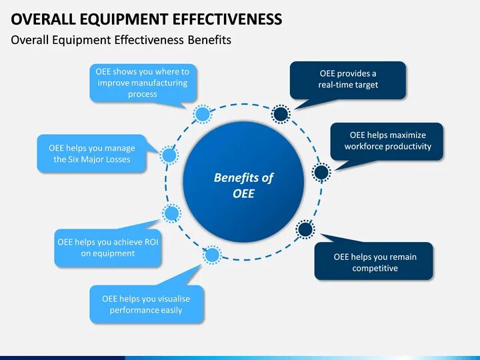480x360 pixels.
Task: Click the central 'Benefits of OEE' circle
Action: click(x=243, y=186)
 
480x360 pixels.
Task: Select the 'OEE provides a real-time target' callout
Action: click(x=348, y=79)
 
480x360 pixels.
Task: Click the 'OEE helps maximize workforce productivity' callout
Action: click(x=387, y=141)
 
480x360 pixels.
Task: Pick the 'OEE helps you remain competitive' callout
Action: click(x=374, y=262)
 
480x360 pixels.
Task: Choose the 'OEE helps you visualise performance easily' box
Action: click(x=146, y=304)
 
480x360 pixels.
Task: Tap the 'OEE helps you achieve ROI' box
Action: click(x=107, y=247)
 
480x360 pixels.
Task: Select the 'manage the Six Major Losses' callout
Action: click(x=91, y=153)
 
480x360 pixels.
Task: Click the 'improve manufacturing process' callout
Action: click(x=143, y=83)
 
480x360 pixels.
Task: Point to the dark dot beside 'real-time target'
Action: click(x=281, y=114)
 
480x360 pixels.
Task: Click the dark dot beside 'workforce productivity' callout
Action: click(x=321, y=173)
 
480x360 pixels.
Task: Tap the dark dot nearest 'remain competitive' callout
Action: click(x=305, y=230)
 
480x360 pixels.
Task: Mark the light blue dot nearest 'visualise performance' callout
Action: click(x=212, y=255)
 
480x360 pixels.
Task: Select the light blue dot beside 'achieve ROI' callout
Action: click(x=171, y=214)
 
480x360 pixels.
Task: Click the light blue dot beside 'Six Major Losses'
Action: click(x=169, y=156)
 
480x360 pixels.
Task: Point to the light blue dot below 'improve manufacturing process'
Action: click(x=201, y=114)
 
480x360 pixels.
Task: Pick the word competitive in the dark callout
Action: click(x=375, y=268)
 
